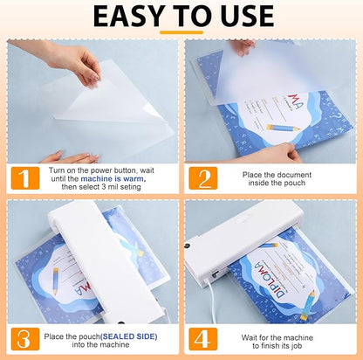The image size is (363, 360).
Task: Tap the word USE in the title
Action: (244, 18)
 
